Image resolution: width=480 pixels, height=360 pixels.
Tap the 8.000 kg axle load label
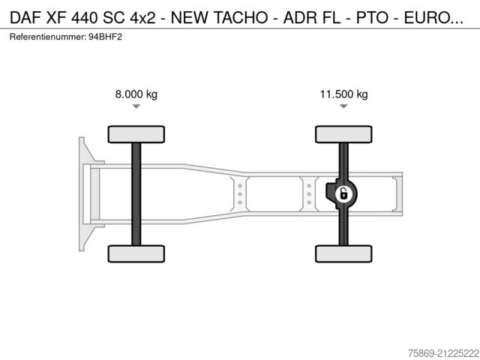136,94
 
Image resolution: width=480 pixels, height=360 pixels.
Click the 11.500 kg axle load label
343,94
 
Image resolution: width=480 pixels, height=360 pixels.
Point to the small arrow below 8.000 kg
136,107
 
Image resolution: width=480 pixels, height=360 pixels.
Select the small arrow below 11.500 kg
343,107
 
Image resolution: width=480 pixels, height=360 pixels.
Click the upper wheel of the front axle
136,134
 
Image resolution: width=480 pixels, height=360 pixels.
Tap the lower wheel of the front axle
136,253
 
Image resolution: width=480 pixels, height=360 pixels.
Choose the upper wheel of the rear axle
343,134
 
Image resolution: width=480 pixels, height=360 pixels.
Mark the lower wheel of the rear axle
343,253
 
